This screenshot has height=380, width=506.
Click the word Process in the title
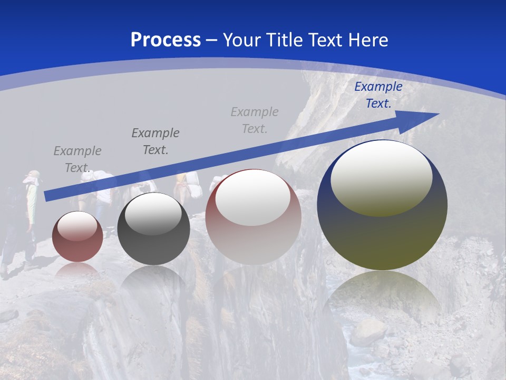click(x=166, y=40)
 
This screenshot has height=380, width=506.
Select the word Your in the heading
click(x=240, y=40)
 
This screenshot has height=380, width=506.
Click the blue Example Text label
click(x=378, y=95)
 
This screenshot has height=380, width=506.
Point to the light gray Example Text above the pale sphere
click(x=255, y=120)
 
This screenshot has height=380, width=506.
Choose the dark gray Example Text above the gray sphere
click(x=155, y=141)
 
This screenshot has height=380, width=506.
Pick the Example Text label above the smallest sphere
click(x=77, y=159)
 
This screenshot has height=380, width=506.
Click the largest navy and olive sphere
click(x=382, y=237)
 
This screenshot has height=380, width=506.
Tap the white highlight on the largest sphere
click(x=381, y=178)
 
